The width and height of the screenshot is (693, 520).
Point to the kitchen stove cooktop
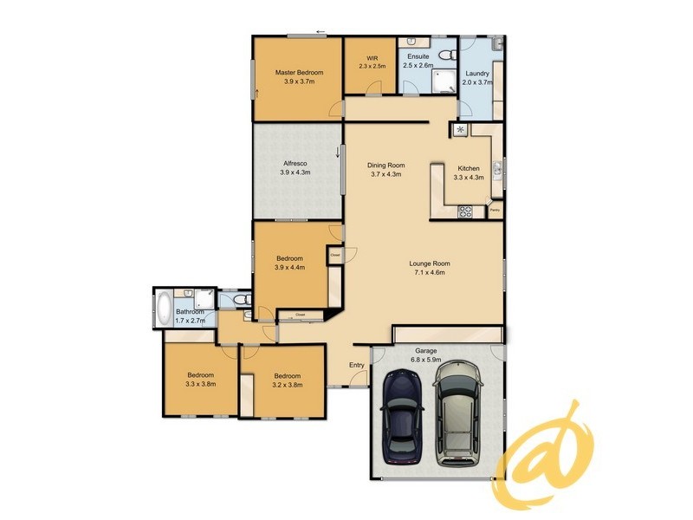pyautogui.click(x=465, y=210)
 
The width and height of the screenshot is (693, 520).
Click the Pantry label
pyautogui.click(x=495, y=210)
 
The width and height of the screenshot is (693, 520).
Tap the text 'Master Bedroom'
pyautogui.click(x=299, y=72)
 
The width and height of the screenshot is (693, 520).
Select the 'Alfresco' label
pyautogui.click(x=295, y=163)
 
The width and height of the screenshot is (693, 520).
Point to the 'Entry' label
pyautogui.click(x=357, y=365)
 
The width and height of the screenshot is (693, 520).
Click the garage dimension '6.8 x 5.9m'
pyautogui.click(x=426, y=360)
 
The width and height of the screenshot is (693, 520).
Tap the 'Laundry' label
pyautogui.click(x=476, y=74)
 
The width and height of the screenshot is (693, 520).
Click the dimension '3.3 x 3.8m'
pyautogui.click(x=200, y=384)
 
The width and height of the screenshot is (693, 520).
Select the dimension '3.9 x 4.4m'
pyautogui.click(x=290, y=268)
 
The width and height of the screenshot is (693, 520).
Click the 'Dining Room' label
pyautogui.click(x=385, y=165)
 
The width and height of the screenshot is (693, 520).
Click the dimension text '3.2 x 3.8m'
pyautogui.click(x=287, y=385)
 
